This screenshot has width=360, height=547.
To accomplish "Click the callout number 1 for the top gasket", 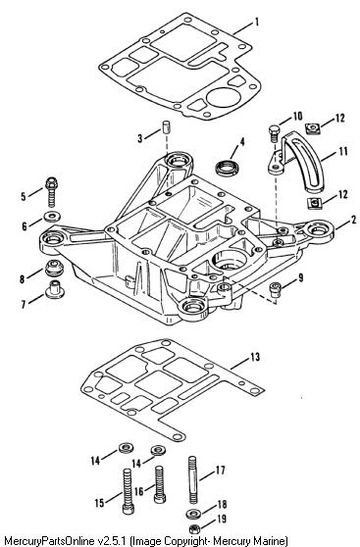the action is point(257,22).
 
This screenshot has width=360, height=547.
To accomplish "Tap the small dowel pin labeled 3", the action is point(166,126).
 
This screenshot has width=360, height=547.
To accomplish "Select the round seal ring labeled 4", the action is point(227,168).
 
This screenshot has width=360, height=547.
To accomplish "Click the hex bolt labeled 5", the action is point(52,192).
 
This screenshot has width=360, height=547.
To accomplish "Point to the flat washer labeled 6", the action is point(52,217).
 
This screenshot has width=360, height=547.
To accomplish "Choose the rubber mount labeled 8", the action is point(54,268).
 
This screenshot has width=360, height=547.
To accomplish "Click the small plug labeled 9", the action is point(275,289).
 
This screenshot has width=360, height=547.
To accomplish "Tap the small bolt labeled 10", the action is point(274,133).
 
